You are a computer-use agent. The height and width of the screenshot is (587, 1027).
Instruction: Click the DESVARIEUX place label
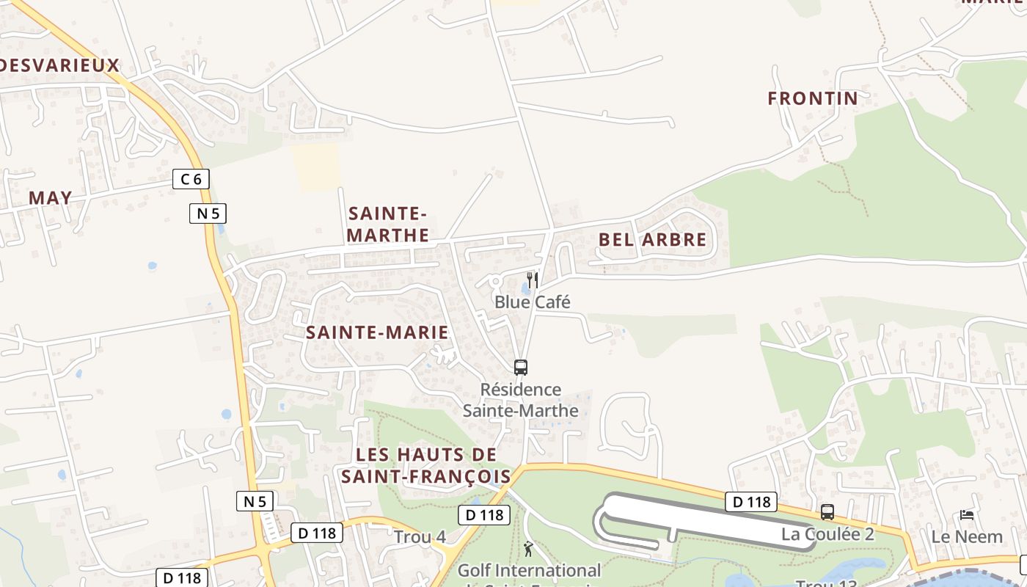click(x=59, y=65)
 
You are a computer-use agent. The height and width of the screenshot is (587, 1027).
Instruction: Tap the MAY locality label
click(x=51, y=197)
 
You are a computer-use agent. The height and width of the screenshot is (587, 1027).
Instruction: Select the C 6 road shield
click(x=191, y=178)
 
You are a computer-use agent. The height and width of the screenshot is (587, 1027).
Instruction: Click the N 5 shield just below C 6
click(x=208, y=214)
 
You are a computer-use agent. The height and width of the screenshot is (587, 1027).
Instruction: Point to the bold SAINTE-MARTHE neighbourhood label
click(x=387, y=225)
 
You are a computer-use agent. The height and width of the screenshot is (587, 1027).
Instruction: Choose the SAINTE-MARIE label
click(x=377, y=332)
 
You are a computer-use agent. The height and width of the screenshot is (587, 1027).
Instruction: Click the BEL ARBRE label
click(x=652, y=240)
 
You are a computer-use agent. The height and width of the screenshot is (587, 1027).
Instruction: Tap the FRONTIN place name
click(x=813, y=98)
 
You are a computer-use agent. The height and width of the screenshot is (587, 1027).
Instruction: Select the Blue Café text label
click(x=532, y=302)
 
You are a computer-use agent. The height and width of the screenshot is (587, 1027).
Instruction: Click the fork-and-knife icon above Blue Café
click(x=533, y=280)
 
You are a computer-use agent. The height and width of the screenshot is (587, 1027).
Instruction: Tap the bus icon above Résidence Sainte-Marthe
click(x=521, y=368)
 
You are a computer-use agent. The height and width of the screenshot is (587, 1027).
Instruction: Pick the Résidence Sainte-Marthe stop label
click(x=521, y=400)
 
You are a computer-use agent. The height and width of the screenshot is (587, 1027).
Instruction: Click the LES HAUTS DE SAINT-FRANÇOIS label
click(x=426, y=465)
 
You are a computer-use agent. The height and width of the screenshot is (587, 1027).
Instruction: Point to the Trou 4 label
click(x=420, y=536)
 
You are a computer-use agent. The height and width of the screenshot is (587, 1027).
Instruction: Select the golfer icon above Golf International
click(x=528, y=548)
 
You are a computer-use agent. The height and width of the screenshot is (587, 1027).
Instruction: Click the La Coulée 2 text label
click(x=827, y=533)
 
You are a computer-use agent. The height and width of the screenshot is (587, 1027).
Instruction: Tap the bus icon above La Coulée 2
click(x=827, y=512)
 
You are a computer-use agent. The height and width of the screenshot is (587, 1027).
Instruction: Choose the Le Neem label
click(x=967, y=536)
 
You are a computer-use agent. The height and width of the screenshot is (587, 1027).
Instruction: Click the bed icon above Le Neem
click(x=967, y=515)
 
